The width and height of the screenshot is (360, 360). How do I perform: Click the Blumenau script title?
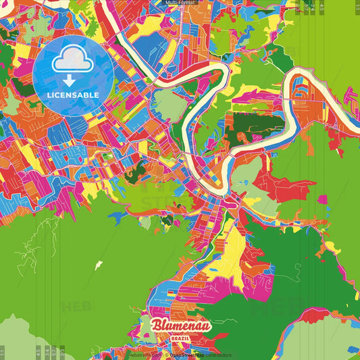pos(180,326)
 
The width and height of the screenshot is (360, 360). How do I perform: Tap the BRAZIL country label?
pos(180,336)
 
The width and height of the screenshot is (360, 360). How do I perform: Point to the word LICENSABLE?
pos(73,95)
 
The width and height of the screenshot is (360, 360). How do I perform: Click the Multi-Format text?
pos(180,3)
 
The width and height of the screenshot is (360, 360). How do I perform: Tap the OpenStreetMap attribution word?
pos(185,354)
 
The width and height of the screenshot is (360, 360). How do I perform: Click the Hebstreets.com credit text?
pos(145,354)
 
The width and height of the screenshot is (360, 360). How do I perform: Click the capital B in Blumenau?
pos(156,325)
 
